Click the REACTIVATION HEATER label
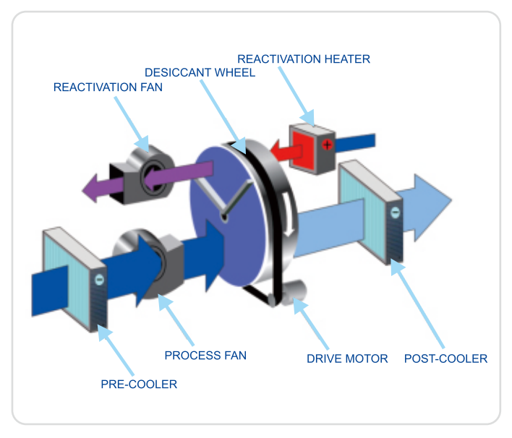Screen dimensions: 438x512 click(x=303, y=59)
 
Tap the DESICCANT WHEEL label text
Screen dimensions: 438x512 click(x=200, y=73)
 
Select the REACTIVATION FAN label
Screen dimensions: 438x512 click(x=108, y=87)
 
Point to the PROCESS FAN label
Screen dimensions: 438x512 click(x=205, y=355)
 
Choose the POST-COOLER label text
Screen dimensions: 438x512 click(x=445, y=358)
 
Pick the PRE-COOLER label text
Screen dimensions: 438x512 click(x=139, y=384)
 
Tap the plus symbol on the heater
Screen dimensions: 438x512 click(x=327, y=145)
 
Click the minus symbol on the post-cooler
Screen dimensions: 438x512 click(x=395, y=212)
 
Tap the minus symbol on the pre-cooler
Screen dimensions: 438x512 click(x=99, y=278)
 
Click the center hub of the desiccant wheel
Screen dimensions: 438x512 click(x=225, y=214)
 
